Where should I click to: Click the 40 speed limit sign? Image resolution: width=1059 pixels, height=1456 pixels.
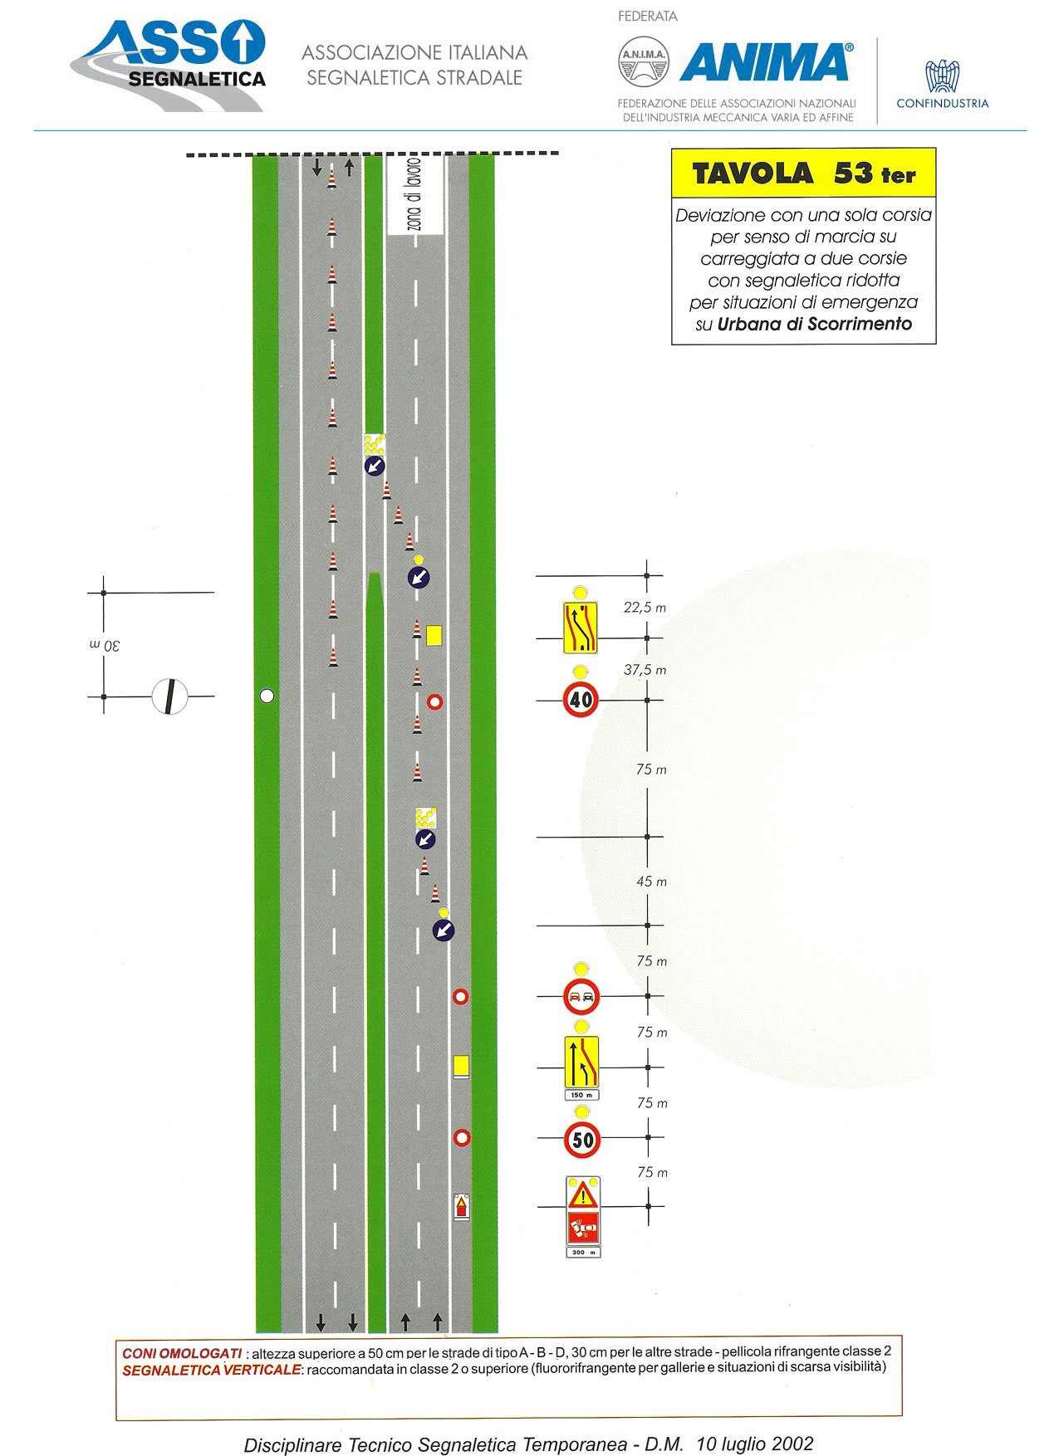point(581,699)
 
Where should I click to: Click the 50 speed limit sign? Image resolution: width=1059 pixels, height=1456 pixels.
point(582,1140)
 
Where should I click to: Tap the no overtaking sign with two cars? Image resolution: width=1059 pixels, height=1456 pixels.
point(581,997)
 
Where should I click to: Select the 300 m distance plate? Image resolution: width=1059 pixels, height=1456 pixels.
point(582,1253)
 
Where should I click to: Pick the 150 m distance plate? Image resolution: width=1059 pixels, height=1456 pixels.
point(581,1095)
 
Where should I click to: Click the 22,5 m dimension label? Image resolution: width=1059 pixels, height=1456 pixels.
point(645,608)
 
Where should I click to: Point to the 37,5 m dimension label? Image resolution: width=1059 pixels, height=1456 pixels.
point(645,670)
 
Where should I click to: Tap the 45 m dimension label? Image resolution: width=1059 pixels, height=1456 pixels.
point(651,882)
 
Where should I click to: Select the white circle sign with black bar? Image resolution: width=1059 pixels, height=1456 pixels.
point(169,696)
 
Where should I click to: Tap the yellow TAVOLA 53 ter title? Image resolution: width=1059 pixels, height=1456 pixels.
point(804,173)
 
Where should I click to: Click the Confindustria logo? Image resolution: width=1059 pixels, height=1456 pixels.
point(943,84)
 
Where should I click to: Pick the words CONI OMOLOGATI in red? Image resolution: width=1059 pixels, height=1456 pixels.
point(182,1353)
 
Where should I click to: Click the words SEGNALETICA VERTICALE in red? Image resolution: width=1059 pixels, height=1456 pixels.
point(211,1370)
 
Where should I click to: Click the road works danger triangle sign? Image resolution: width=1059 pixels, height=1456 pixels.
point(583,1195)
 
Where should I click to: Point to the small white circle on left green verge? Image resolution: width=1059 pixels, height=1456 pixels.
point(267,696)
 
